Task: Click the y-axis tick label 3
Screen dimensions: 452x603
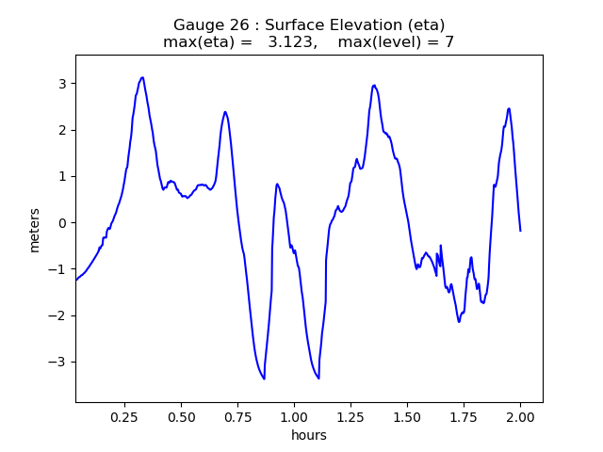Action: pyautogui.click(x=61, y=84)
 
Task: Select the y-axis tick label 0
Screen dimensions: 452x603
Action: pyautogui.click(x=61, y=223)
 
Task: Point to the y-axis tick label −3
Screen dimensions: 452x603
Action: pyautogui.click(x=57, y=363)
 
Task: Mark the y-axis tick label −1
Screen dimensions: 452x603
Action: pyautogui.click(x=57, y=269)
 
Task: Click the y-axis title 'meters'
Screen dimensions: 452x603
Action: pyautogui.click(x=35, y=229)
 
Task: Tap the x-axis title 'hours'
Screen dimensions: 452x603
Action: pyautogui.click(x=309, y=434)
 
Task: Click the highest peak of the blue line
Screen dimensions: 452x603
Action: pyautogui.click(x=142, y=77)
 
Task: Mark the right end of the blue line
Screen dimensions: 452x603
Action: pyautogui.click(x=520, y=231)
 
